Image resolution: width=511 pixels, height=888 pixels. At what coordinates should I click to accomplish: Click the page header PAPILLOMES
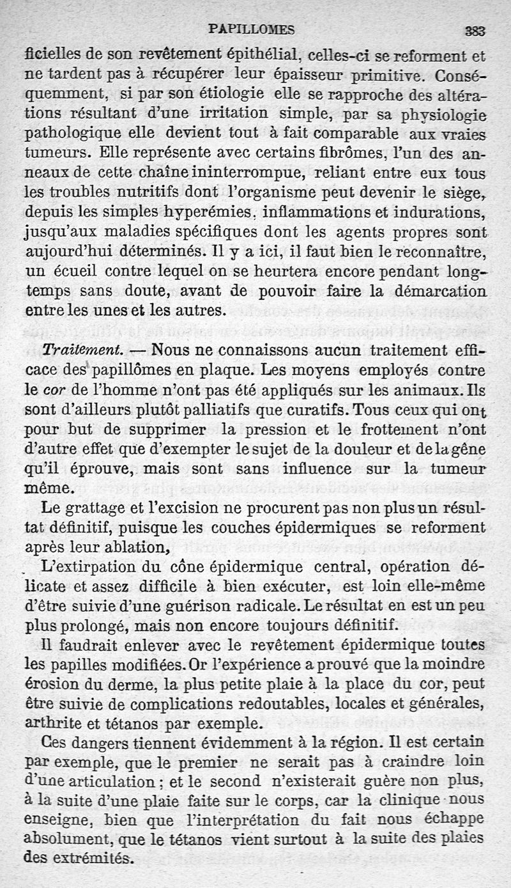(252, 29)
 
